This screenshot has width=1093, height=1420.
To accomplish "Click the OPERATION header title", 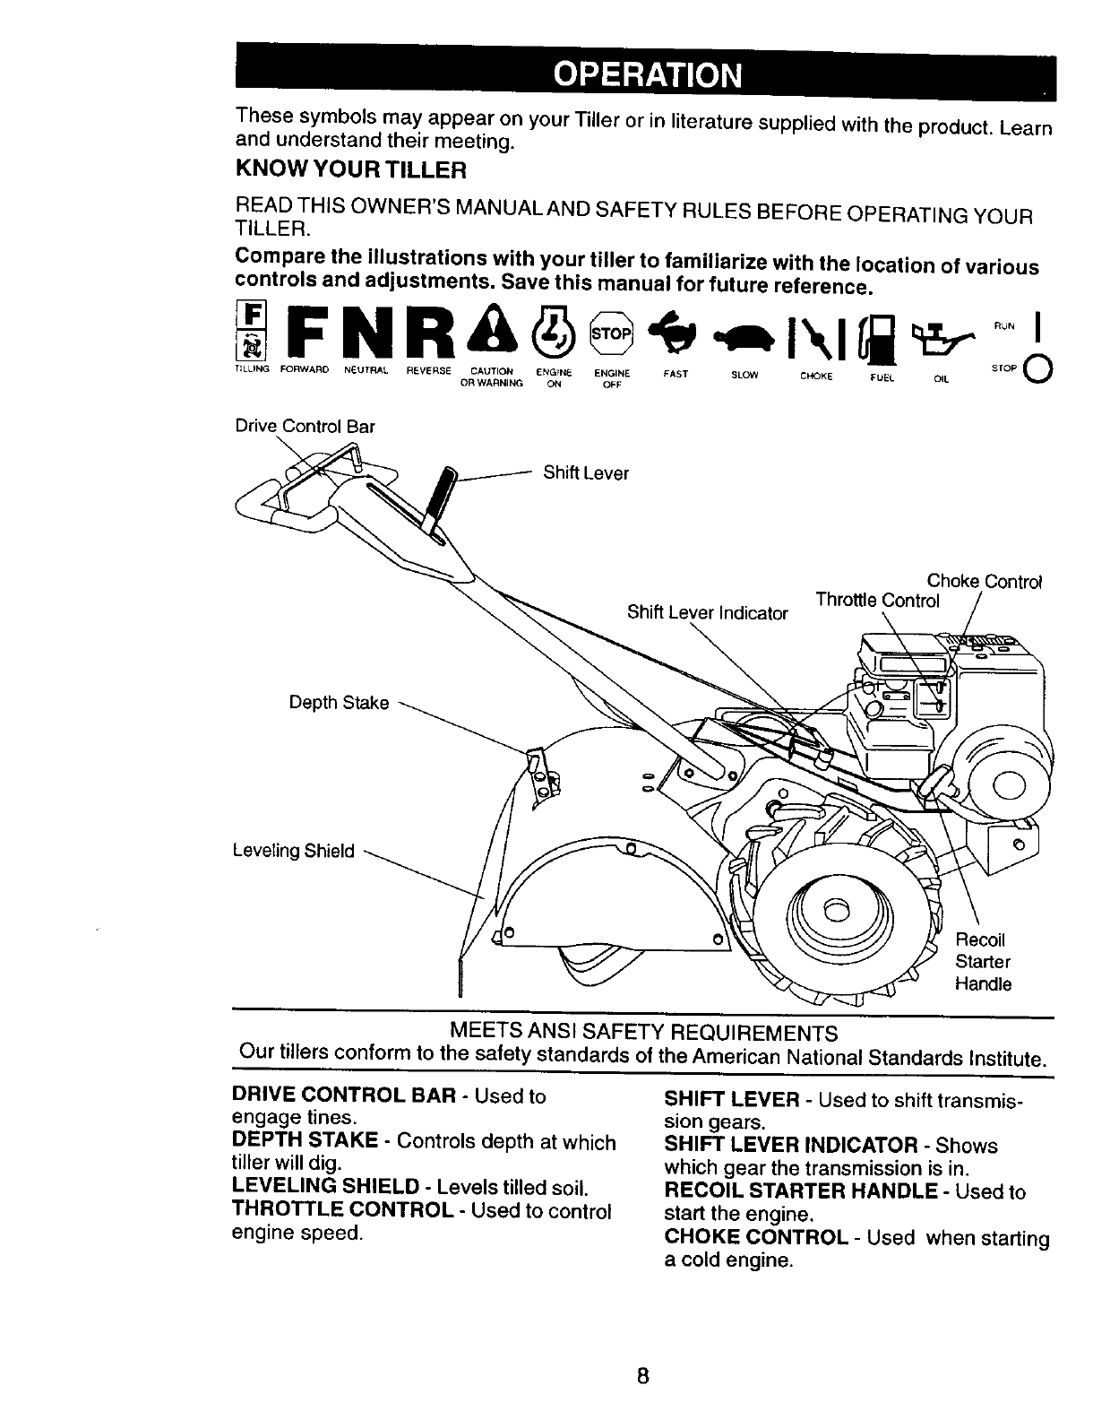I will pyautogui.click(x=646, y=74).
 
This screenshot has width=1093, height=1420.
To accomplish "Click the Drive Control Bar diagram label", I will pyautogui.click(x=305, y=427).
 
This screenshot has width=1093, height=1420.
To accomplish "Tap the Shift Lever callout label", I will pyautogui.click(x=586, y=473).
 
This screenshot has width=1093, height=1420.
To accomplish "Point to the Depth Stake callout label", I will pyautogui.click(x=339, y=703).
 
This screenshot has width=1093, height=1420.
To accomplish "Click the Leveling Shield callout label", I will pyautogui.click(x=294, y=851).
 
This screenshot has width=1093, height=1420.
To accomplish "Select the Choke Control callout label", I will pyautogui.click(x=984, y=581).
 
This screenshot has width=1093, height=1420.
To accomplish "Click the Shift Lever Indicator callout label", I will pyautogui.click(x=708, y=613).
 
